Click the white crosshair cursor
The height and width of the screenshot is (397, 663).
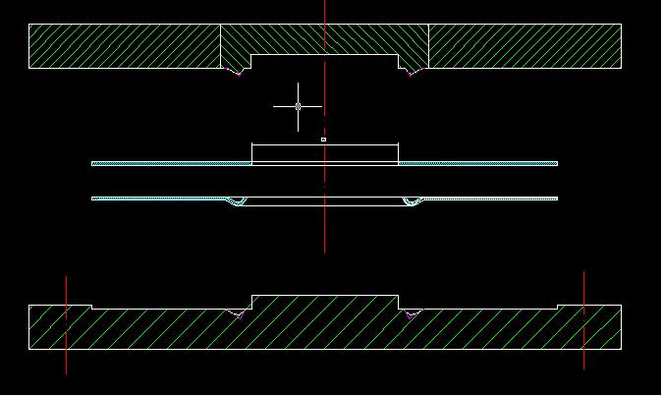tap(298, 106)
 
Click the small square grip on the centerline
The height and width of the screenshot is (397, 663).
tap(323, 140)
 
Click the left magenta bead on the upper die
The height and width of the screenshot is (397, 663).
tap(234, 72)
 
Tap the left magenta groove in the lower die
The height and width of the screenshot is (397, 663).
tap(236, 314)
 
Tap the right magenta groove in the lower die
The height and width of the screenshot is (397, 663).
tap(411, 314)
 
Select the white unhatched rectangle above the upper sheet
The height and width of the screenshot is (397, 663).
tap(324, 153)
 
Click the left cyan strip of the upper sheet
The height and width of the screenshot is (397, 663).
tap(172, 163)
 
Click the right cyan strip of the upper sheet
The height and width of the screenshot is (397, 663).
tap(478, 163)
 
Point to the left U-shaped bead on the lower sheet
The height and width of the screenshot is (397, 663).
tap(237, 202)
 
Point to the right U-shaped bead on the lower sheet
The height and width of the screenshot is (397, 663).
tap(412, 202)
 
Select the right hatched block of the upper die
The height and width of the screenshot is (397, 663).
tap(525, 46)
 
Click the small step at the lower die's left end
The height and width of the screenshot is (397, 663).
tap(91, 307)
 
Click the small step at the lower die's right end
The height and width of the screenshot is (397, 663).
tap(558, 307)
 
